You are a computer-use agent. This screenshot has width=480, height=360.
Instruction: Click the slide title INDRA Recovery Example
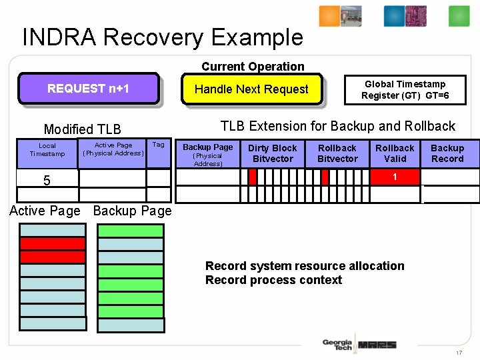[163, 37]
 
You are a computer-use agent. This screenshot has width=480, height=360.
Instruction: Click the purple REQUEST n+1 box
[88, 89]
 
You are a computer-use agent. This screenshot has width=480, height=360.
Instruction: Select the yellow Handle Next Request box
[251, 89]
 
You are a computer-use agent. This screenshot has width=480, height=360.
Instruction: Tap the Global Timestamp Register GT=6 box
[405, 90]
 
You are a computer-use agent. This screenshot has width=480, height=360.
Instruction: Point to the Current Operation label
[253, 67]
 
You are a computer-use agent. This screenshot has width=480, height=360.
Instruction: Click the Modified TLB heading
[82, 129]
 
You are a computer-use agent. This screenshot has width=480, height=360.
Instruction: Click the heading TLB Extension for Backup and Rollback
[337, 126]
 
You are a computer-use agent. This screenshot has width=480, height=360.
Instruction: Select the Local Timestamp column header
[47, 150]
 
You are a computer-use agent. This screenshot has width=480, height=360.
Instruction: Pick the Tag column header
[158, 145]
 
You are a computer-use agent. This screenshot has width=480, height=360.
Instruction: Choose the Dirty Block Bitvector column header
[273, 153]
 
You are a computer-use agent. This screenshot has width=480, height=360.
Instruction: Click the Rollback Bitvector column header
[337, 153]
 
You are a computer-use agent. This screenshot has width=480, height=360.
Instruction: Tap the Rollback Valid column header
[395, 153]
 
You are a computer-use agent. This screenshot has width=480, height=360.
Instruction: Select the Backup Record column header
[447, 153]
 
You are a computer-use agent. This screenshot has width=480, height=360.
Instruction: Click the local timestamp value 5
[47, 180]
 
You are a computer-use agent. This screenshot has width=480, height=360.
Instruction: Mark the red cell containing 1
[395, 177]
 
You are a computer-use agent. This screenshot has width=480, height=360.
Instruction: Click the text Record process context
[273, 281]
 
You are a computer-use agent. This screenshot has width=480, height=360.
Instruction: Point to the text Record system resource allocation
[305, 266]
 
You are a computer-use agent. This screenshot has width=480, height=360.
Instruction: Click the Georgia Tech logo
[337, 345]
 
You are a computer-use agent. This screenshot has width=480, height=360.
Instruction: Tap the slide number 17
[459, 352]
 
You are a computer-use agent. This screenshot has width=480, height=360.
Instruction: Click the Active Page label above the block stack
[45, 211]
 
